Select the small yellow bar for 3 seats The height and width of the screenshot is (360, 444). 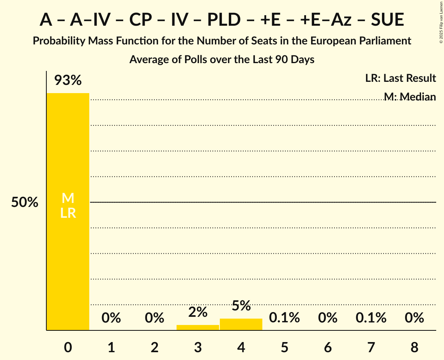(x=198, y=327)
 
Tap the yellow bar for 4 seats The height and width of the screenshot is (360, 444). (x=241, y=324)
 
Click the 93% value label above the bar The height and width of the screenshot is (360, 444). (x=68, y=80)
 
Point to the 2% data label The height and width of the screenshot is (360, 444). (x=198, y=312)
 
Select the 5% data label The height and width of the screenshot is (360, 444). (x=241, y=305)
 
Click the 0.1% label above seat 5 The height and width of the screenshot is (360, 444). (x=284, y=318)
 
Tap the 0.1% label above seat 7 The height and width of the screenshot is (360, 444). (x=371, y=318)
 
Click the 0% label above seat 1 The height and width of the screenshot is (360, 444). (x=111, y=318)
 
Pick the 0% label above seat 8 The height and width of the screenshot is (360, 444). (x=414, y=318)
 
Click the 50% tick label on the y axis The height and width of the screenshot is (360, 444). (x=25, y=202)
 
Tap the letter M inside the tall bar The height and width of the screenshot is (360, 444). (x=68, y=198)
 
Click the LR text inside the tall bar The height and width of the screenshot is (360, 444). (x=68, y=213)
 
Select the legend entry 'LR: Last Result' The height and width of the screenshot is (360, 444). (x=400, y=78)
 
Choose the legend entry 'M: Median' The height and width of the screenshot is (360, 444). (x=409, y=96)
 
